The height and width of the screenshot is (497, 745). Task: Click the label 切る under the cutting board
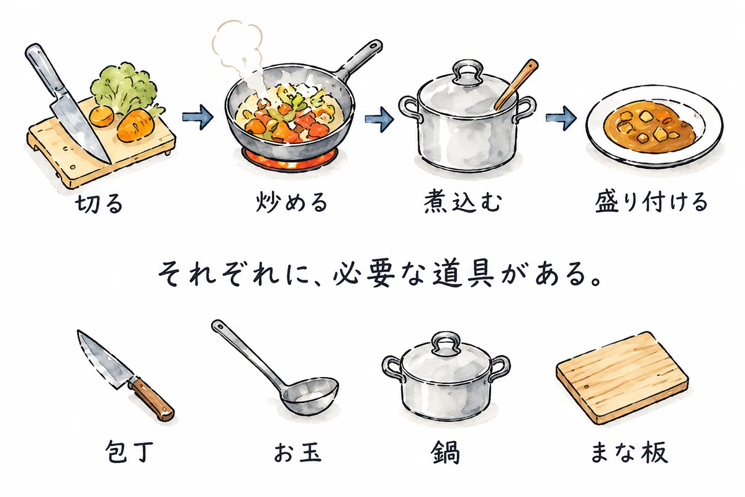click(x=99, y=203)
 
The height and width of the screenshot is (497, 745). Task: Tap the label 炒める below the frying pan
click(x=292, y=202)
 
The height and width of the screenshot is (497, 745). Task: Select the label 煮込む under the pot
click(x=463, y=201)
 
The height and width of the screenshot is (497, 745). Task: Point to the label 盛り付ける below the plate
click(x=651, y=202)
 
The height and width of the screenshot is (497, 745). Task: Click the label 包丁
click(x=129, y=452)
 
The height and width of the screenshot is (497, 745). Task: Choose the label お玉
click(x=297, y=452)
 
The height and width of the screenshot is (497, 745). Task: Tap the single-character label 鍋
click(x=445, y=452)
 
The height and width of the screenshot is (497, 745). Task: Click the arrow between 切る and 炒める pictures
click(x=197, y=117)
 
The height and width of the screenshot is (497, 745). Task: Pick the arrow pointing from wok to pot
click(x=379, y=119)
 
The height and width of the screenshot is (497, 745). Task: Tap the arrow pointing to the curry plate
click(x=561, y=118)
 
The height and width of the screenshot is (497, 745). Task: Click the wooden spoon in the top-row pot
click(x=516, y=84)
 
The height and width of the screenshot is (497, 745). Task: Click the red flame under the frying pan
click(x=290, y=160)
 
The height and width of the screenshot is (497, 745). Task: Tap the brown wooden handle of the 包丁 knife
click(x=151, y=399)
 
